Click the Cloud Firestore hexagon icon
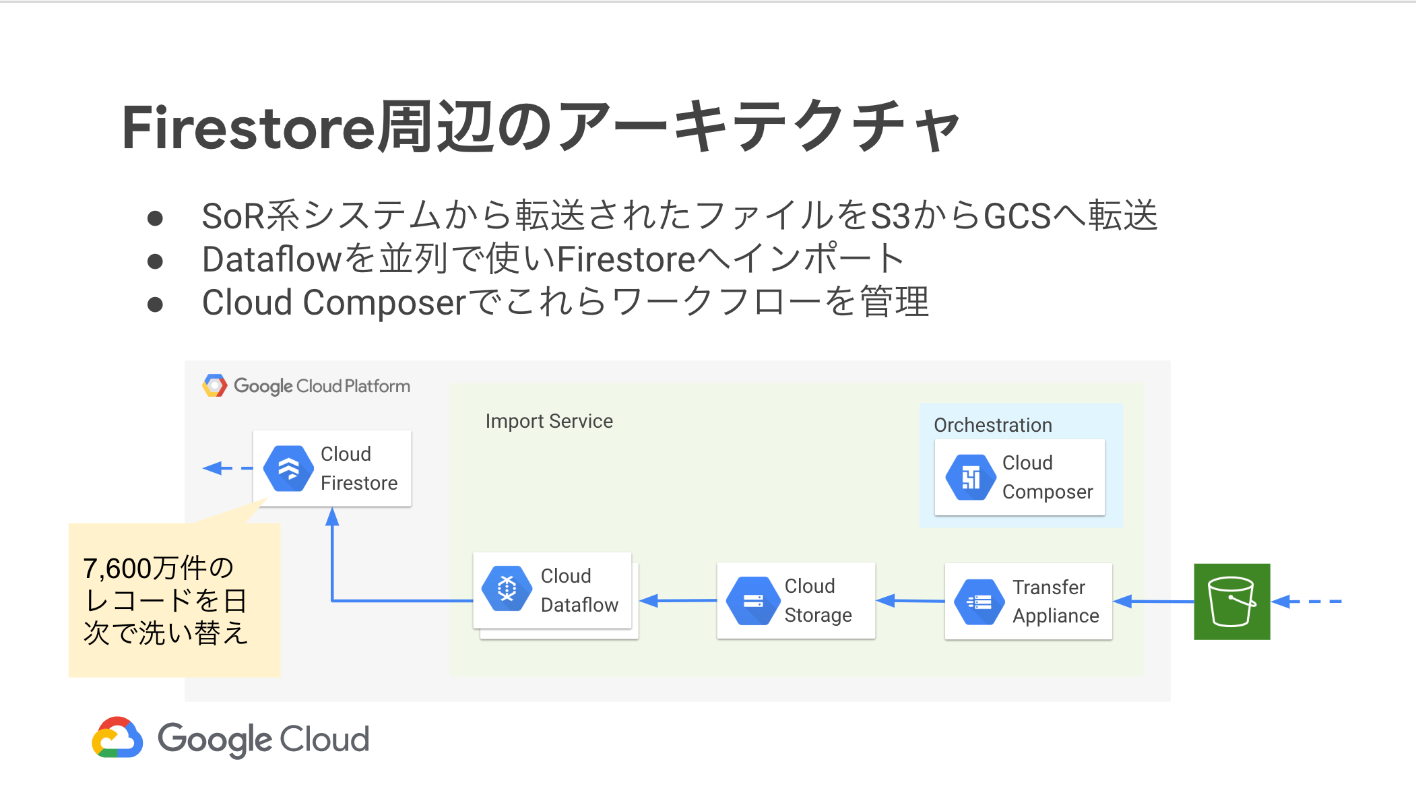(x=288, y=468)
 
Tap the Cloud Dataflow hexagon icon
(x=507, y=589)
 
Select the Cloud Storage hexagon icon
(x=753, y=600)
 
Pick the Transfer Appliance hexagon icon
(x=979, y=602)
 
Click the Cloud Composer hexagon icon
(x=971, y=478)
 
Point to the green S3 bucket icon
(x=1231, y=602)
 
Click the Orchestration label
(x=992, y=425)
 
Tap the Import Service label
(x=549, y=421)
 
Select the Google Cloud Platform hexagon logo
(x=214, y=386)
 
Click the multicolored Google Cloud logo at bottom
(x=118, y=738)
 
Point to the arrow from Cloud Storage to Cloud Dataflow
(x=677, y=600)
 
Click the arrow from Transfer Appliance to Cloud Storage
(x=910, y=601)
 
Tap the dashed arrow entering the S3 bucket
(x=1307, y=601)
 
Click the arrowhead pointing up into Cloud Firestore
(x=332, y=517)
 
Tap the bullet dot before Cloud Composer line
(x=155, y=304)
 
